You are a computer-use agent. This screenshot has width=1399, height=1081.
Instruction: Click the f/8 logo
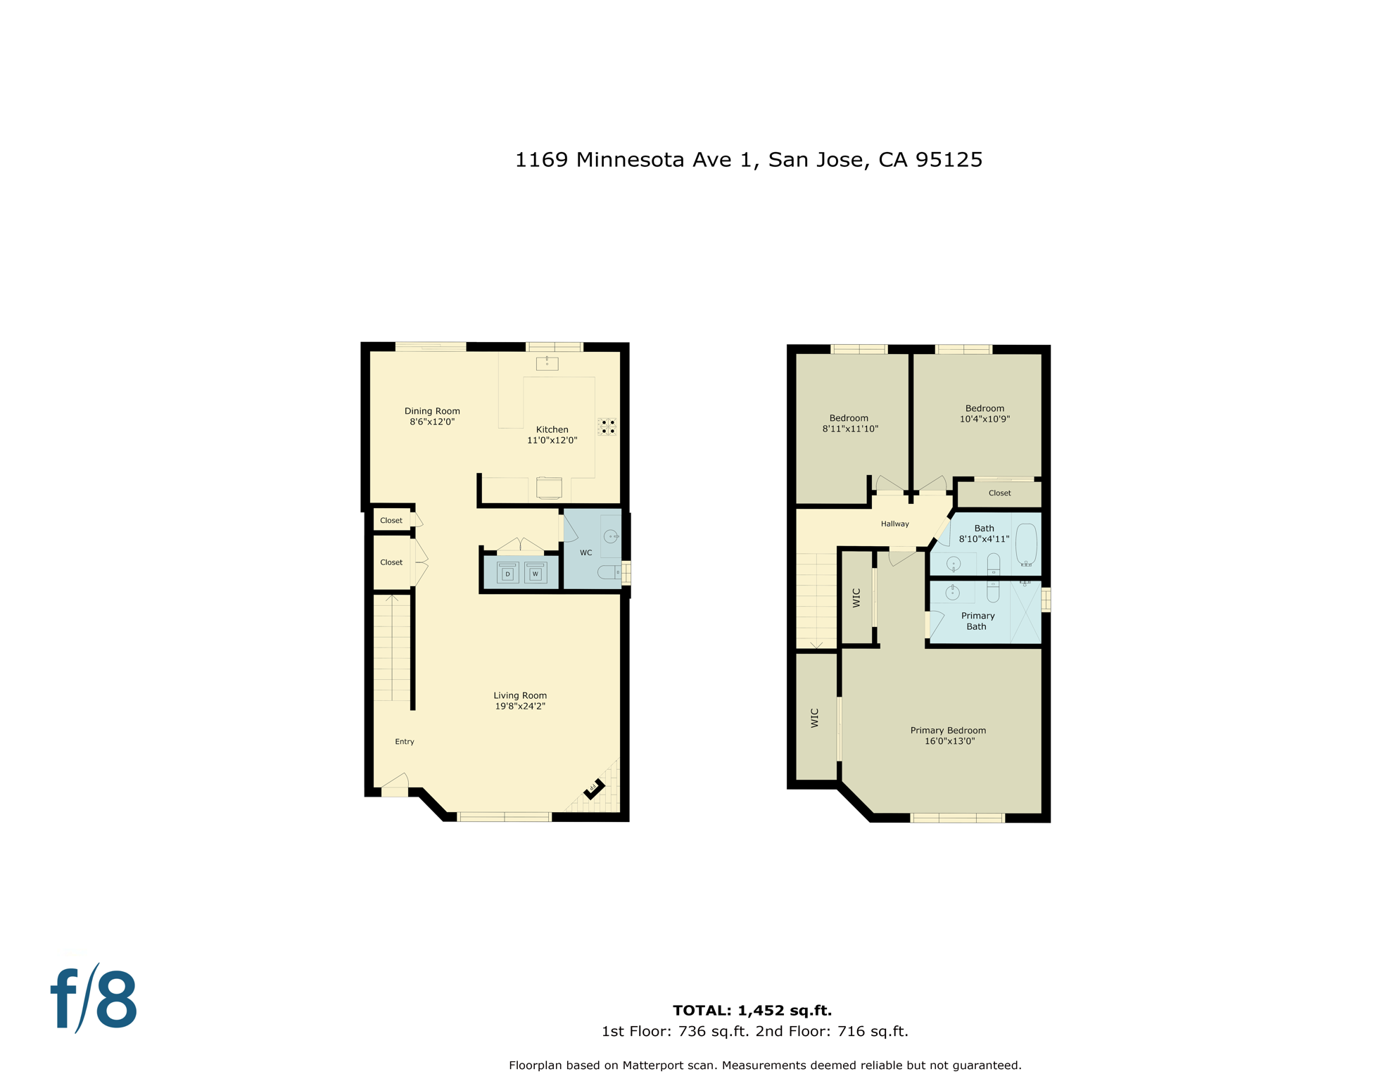[x=94, y=999]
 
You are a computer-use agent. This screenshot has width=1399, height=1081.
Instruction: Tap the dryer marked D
[x=507, y=573]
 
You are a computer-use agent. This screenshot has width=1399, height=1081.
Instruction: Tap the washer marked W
[x=536, y=573]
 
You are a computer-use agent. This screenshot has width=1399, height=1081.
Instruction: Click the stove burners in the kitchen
[x=608, y=426]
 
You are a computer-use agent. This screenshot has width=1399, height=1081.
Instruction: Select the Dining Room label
[x=432, y=411]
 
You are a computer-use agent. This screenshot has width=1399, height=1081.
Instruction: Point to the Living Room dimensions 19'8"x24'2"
[x=520, y=706]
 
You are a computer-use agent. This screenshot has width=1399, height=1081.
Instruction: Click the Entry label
[x=405, y=741]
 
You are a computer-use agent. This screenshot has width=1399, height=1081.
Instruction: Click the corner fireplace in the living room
[x=595, y=788]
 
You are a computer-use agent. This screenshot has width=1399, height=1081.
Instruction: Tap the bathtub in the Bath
[x=1027, y=544]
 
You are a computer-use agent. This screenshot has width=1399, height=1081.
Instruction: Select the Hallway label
[x=895, y=524]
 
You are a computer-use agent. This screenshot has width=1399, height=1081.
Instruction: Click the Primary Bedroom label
[x=948, y=730]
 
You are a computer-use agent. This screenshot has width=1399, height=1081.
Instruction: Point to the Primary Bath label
[x=977, y=621]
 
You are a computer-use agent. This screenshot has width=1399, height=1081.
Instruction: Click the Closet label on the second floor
[x=999, y=493]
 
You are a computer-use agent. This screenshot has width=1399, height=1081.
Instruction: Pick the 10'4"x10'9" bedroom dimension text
[x=985, y=419]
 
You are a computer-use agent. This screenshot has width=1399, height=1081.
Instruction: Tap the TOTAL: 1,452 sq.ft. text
[x=752, y=1010]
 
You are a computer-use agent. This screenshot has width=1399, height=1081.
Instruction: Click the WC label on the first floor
[x=585, y=552]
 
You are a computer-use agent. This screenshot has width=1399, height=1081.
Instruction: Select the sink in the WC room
[x=611, y=536]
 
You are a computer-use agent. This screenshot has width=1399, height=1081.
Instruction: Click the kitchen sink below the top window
[x=547, y=363]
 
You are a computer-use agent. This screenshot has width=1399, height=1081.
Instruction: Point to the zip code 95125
[x=949, y=160]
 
